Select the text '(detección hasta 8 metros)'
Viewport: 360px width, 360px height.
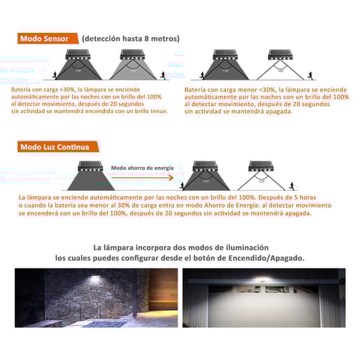tap(131, 38)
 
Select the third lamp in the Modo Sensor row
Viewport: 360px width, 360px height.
tap(225, 55)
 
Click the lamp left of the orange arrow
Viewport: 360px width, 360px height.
tap(89, 167)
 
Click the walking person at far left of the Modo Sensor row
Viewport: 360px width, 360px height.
tap(54, 73)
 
